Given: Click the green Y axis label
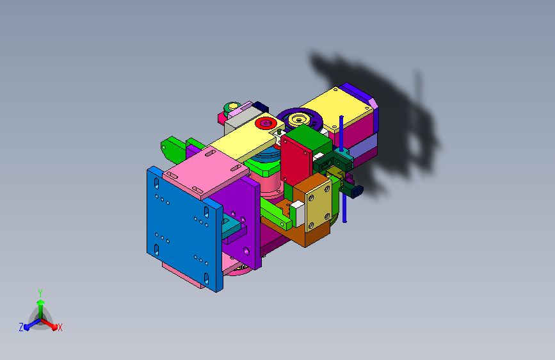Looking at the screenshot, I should point(40,291).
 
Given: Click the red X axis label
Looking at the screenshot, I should point(60,328).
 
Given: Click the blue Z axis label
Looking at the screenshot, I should point(21,327).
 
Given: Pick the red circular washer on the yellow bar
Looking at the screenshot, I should point(264,122).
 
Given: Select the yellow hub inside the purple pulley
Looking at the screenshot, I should point(299,119).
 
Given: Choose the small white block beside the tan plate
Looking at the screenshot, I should point(298,212).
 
